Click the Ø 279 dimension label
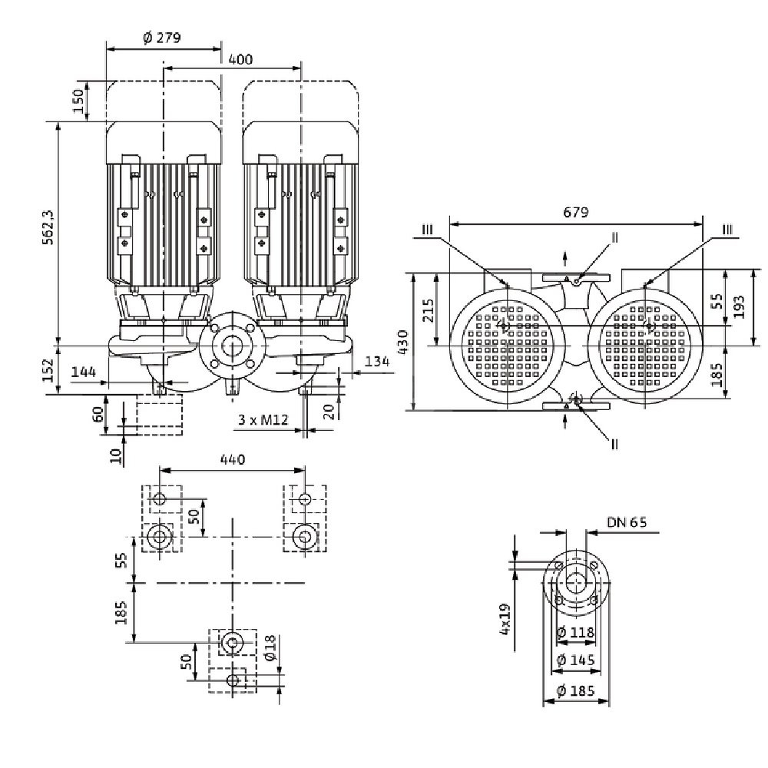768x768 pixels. click(x=162, y=38)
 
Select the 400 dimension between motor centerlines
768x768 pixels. click(x=240, y=59)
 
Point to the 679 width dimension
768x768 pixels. click(x=575, y=213)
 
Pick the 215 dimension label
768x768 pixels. click(x=428, y=310)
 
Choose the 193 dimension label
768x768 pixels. click(x=739, y=306)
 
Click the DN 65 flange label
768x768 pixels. click(x=627, y=522)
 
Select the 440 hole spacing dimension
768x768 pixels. click(x=232, y=459)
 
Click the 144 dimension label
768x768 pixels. click(x=83, y=372)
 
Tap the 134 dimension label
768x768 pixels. click(x=377, y=362)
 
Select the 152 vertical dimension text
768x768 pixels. click(x=48, y=369)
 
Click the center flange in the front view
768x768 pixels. click(x=230, y=347)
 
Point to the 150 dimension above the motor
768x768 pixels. click(x=77, y=99)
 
